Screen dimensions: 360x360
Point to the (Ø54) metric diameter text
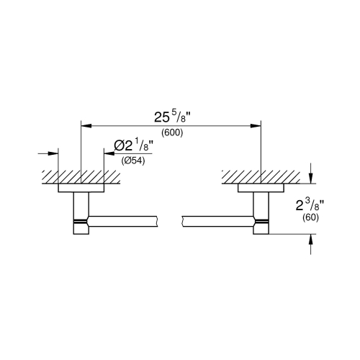[x=135, y=161]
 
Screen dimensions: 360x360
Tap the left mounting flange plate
[x=81, y=188]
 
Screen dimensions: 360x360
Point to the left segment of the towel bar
[x=122, y=217]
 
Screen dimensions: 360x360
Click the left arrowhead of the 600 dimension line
[x=86, y=125]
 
